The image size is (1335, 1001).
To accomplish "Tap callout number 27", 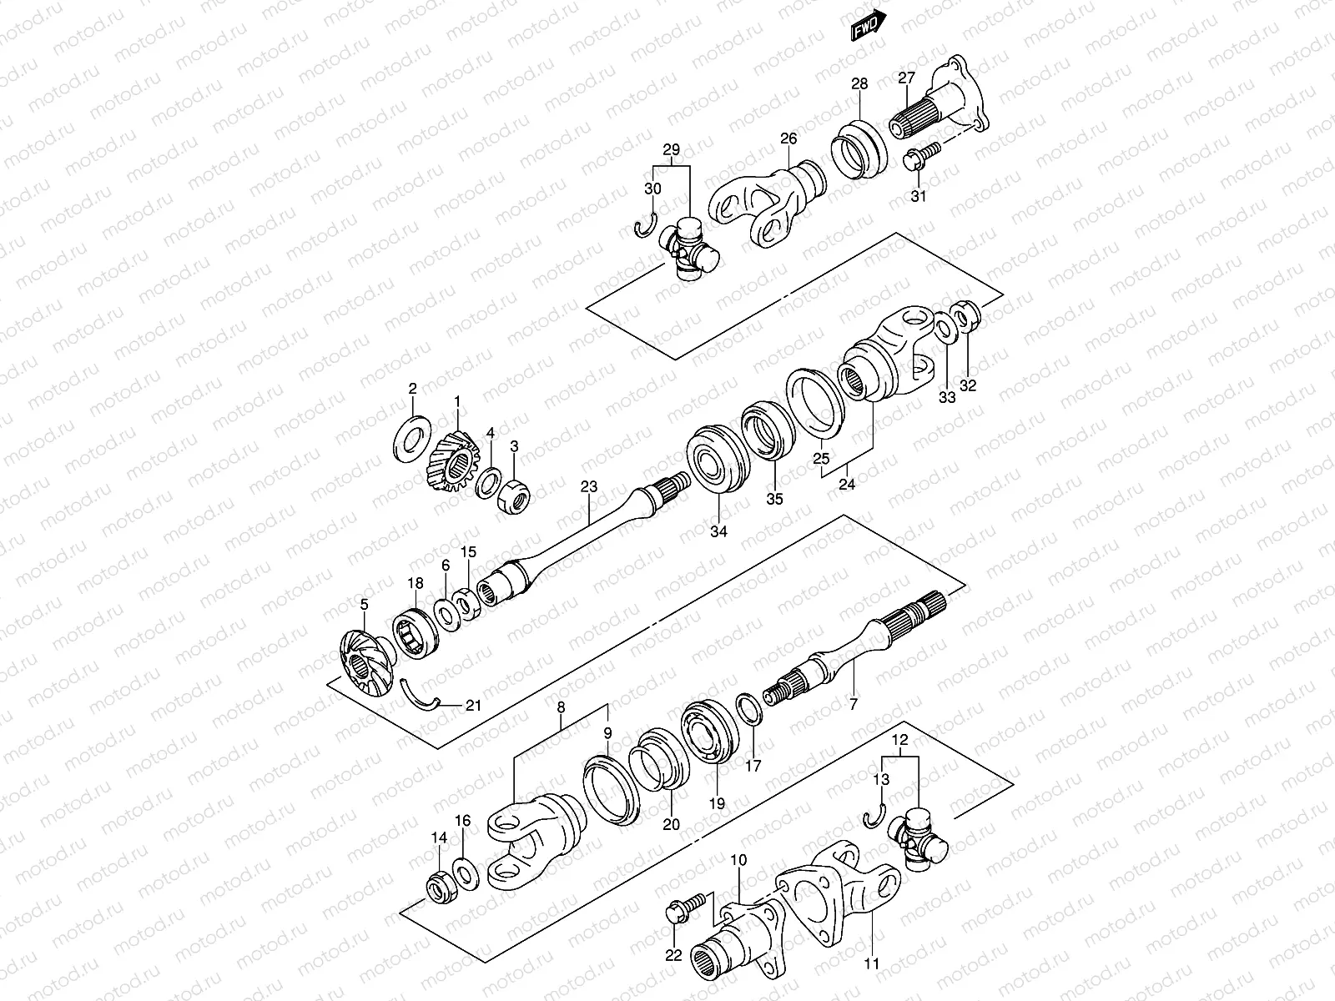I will point(906,78).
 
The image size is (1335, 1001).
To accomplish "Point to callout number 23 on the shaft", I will point(590,486).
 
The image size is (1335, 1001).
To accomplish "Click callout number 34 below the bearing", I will point(718,531).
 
